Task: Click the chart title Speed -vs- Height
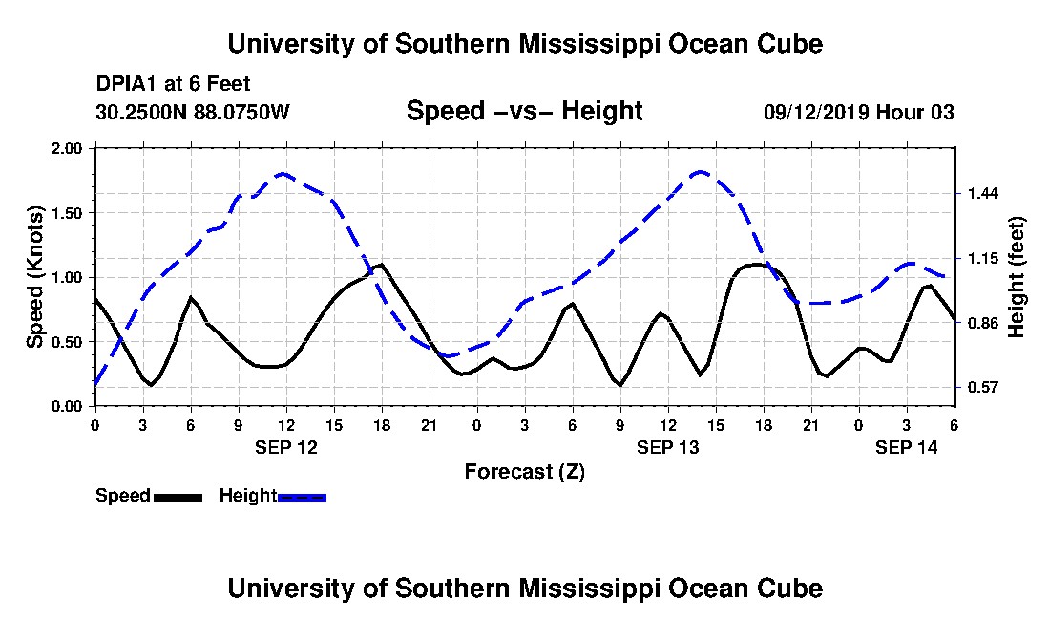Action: click(524, 111)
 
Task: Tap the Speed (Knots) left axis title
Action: click(35, 277)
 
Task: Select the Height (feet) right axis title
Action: click(1016, 277)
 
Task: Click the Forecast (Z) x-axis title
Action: click(524, 471)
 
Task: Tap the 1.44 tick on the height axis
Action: click(981, 194)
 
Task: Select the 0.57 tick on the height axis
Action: click(981, 388)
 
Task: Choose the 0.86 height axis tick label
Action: click(981, 323)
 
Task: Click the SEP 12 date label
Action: click(286, 447)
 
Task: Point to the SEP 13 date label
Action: click(668, 447)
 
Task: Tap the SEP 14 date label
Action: click(907, 447)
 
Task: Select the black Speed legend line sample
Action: click(178, 497)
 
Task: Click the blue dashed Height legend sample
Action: click(302, 497)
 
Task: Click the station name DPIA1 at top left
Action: click(126, 84)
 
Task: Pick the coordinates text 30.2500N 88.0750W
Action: click(192, 112)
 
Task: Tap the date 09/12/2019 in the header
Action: click(815, 112)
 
